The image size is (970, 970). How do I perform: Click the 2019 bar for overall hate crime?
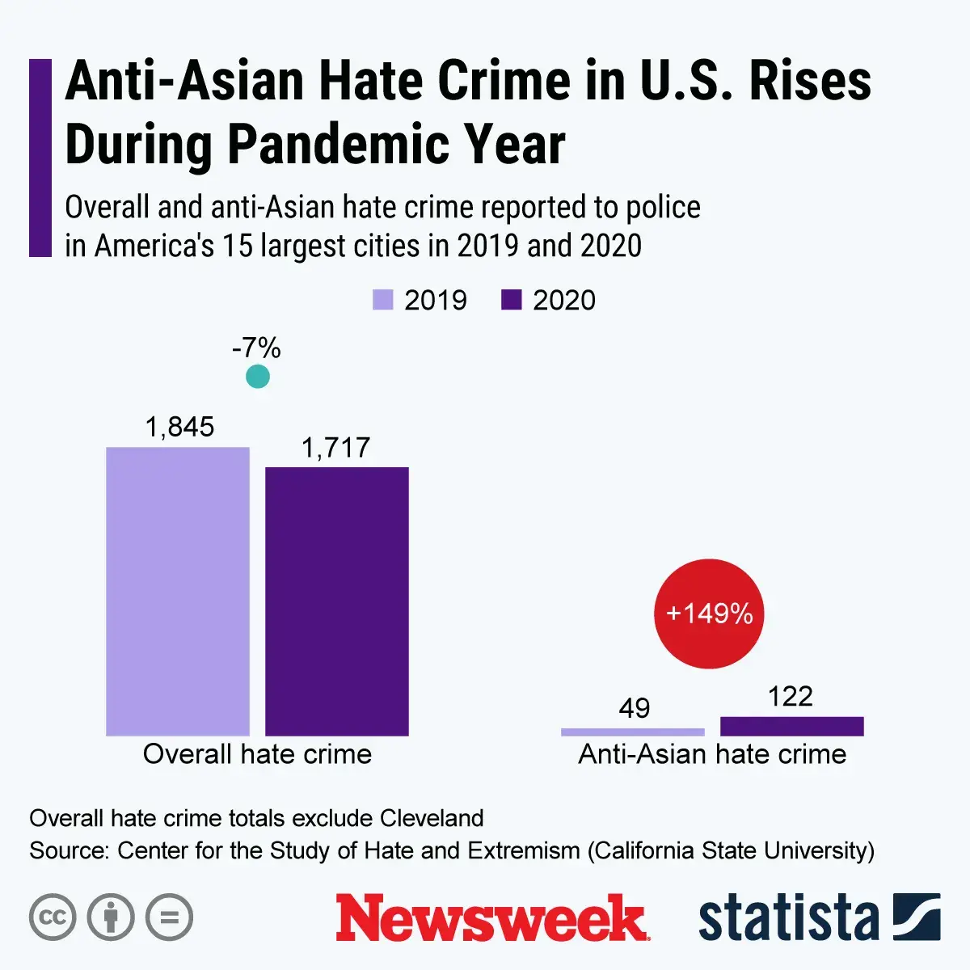click(178, 591)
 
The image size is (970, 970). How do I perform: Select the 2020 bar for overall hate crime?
click(337, 601)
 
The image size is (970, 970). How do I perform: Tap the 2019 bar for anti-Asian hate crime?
click(633, 732)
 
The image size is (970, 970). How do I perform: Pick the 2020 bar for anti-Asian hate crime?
click(791, 726)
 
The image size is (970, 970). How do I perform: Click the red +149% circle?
click(709, 614)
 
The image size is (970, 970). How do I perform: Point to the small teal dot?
click(257, 376)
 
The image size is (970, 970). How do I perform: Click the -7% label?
click(256, 348)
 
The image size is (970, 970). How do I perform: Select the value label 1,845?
click(179, 427)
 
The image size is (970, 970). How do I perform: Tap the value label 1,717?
click(335, 448)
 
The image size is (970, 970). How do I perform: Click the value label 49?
click(634, 708)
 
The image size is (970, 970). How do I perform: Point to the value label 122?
click(790, 696)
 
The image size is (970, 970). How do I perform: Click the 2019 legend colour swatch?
click(382, 300)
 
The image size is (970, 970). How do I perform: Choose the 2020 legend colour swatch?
click(512, 300)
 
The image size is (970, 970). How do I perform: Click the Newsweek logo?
click(492, 918)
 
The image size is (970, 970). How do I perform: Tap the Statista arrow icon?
click(917, 917)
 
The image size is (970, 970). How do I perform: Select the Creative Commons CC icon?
click(53, 917)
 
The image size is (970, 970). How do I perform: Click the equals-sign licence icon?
click(169, 917)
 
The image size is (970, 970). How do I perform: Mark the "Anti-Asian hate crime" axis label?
click(712, 754)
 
